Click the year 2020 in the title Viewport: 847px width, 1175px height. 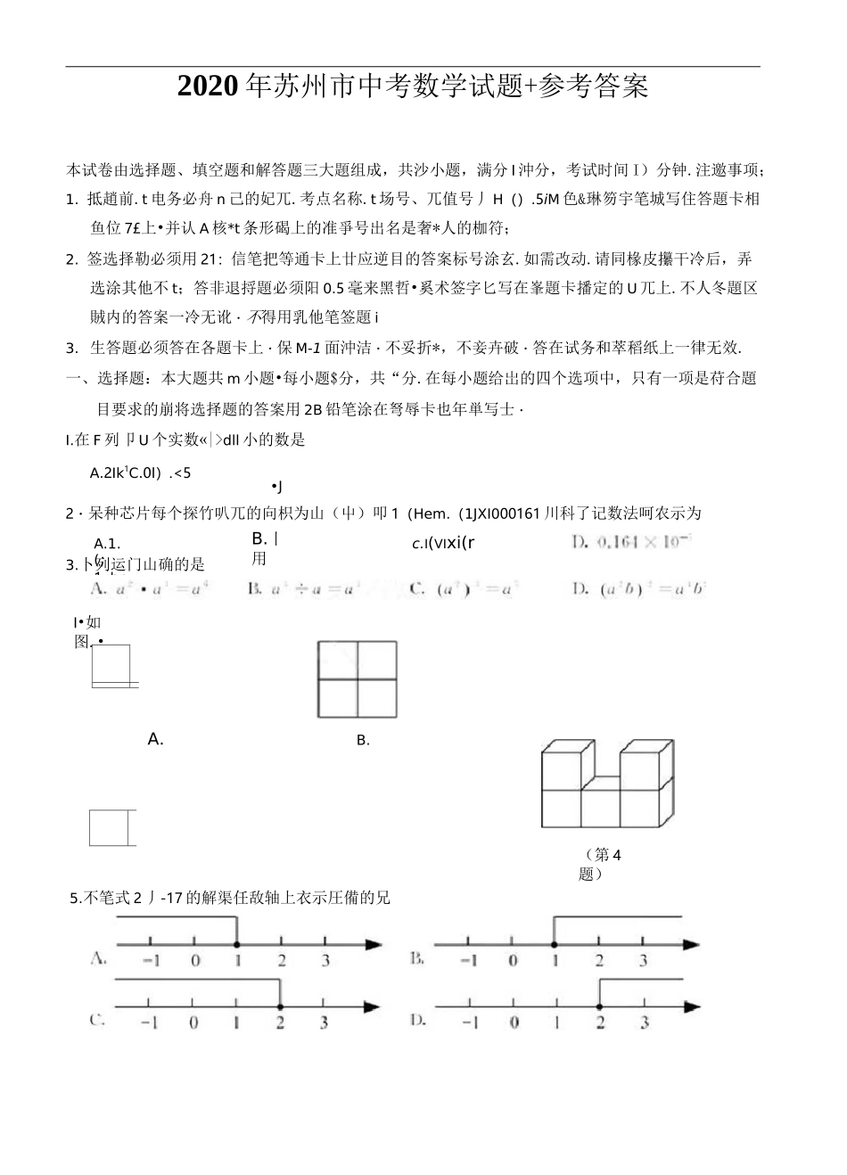pos(209,86)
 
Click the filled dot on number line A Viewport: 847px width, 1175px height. pos(236,945)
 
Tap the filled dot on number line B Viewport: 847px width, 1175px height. pos(555,945)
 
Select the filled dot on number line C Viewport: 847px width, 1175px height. pos(280,1007)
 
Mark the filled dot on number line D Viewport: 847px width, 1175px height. pos(599,1007)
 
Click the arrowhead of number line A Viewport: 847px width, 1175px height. pos(374,945)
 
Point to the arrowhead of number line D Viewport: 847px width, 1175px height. pos(693,1007)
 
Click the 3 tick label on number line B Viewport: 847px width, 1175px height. pos(643,961)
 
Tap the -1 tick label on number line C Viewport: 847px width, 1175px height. pos(149,1023)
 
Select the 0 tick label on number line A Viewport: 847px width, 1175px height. pos(194,961)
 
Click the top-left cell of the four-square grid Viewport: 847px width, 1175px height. pos(338,660)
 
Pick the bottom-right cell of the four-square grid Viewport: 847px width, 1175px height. pos(377,699)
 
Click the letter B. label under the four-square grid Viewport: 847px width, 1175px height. pos(363,740)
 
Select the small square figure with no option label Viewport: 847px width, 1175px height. pos(111,827)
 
